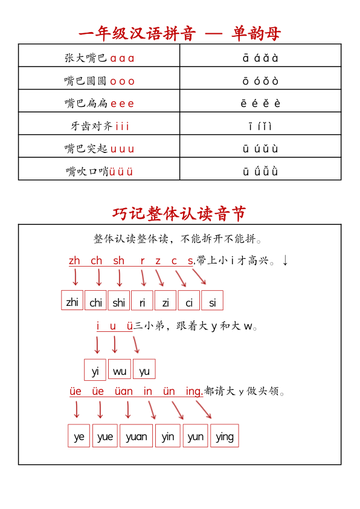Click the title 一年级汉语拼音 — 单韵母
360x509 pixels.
point(179,33)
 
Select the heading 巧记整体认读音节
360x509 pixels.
point(179,213)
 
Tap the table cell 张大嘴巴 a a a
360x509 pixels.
point(99,58)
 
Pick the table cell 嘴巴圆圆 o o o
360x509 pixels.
point(99,80)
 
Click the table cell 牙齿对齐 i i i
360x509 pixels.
point(99,126)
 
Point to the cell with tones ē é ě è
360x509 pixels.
point(260,103)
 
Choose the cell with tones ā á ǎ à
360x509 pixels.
point(260,58)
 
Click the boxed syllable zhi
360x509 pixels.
point(72,301)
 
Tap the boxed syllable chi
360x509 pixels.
point(95,301)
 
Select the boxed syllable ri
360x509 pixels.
point(142,301)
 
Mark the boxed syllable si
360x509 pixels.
point(212,301)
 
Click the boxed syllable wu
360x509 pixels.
point(120,370)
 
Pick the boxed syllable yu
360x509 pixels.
point(144,370)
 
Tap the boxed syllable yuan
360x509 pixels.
point(136,436)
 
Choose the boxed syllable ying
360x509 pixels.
point(224,436)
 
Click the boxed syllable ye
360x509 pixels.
point(79,436)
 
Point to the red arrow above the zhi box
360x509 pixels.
point(76,277)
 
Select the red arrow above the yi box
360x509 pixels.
point(97,345)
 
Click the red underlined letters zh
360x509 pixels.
point(74,261)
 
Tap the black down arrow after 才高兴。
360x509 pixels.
point(285,260)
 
